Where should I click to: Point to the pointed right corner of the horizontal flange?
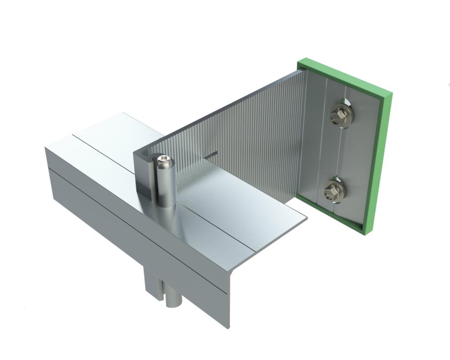pos(307,220)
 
